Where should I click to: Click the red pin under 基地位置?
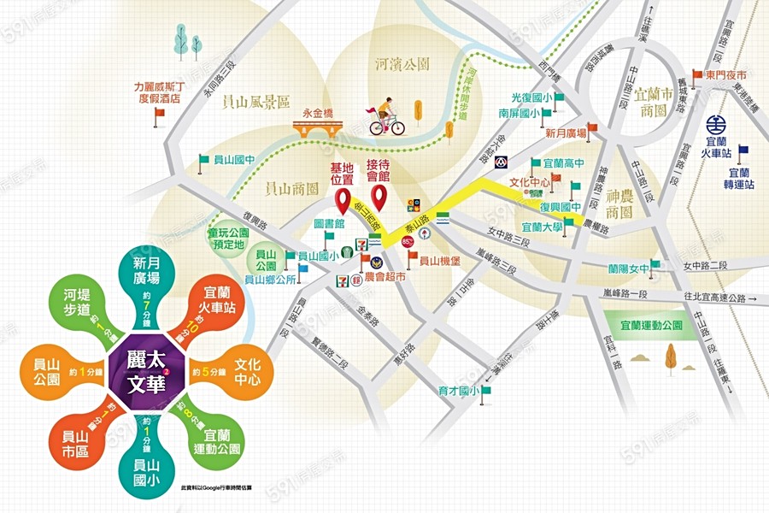[344, 201]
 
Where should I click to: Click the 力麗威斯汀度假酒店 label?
[159, 92]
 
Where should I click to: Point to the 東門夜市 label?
[726, 75]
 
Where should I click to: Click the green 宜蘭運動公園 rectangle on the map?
[653, 325]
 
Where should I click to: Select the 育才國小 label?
[457, 391]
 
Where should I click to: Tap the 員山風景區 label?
[256, 102]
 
